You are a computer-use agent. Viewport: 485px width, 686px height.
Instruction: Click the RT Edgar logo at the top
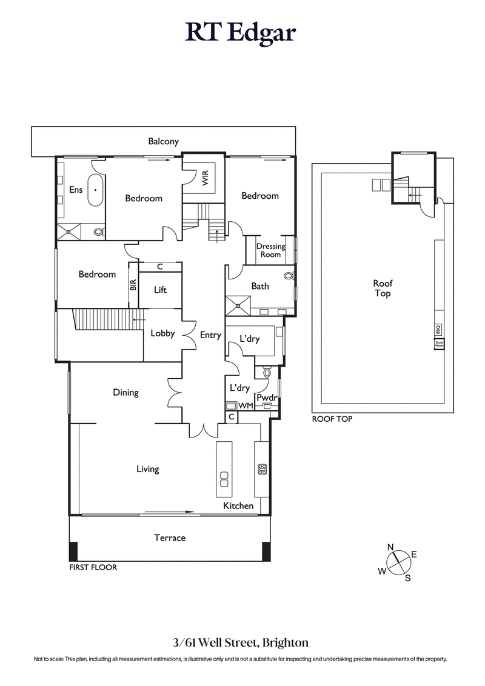click(241, 33)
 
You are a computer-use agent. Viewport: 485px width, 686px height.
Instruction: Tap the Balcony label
click(164, 141)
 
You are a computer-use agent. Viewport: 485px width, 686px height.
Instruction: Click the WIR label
click(206, 178)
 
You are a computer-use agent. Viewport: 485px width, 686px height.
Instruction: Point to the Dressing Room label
click(270, 250)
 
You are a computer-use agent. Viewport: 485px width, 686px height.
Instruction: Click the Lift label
click(160, 290)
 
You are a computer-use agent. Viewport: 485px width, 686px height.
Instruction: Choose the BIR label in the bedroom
click(133, 285)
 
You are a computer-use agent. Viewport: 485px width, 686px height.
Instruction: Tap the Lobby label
click(162, 333)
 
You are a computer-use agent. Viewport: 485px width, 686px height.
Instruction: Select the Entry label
click(210, 335)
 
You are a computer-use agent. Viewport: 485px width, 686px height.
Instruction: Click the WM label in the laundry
click(246, 405)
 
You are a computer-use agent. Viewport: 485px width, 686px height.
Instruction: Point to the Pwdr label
click(267, 398)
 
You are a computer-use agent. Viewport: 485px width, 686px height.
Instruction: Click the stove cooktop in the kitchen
click(263, 468)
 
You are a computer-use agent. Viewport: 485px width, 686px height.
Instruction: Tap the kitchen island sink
click(224, 479)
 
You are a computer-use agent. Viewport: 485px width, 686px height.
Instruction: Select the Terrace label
click(170, 538)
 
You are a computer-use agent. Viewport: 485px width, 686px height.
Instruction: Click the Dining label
click(125, 392)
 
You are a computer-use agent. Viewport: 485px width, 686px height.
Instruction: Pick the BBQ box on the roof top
click(438, 329)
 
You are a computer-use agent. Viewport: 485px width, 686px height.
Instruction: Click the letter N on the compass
click(390, 547)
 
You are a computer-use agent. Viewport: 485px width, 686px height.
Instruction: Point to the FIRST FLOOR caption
click(93, 568)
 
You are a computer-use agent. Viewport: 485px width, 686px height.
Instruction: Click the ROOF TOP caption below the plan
click(332, 419)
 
